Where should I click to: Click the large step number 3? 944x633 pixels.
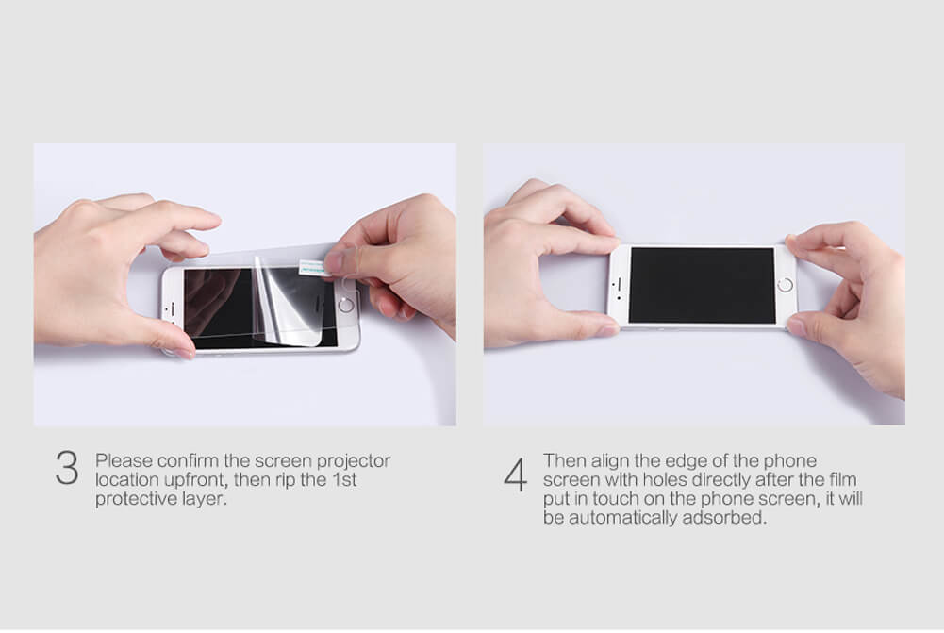point(67,468)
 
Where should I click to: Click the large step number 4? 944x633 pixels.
point(515,475)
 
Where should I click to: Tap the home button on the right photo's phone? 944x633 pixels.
point(785,285)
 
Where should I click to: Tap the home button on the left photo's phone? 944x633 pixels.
point(345,305)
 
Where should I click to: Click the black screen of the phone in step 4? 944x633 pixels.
point(702,286)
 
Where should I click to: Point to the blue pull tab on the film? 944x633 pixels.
point(314,267)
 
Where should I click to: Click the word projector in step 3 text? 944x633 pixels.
point(354,461)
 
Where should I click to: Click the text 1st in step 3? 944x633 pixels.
point(344,480)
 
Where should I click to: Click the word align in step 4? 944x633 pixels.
point(609,461)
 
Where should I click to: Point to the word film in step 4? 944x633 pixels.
point(842,480)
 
